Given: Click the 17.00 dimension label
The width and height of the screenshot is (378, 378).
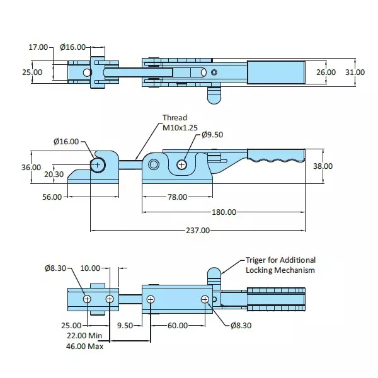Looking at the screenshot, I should pos(38,47).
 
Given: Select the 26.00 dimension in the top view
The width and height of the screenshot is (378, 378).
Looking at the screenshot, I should pos(326,72).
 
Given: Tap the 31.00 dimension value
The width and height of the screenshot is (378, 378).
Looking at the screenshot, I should pos(355,72).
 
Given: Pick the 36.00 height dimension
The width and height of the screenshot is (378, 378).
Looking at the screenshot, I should pos(31,167).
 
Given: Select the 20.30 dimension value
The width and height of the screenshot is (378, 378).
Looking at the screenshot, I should pos(54,175).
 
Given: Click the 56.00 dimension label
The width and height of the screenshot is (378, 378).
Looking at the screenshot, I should pos(52,197).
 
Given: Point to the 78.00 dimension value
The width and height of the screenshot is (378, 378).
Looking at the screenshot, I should pos(177,197).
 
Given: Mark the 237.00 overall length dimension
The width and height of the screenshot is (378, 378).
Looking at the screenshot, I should pos(197,231).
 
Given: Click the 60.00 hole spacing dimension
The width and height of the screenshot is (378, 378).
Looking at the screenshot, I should pos(178,326).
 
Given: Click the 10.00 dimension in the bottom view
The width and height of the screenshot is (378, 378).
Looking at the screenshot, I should pos(90,268).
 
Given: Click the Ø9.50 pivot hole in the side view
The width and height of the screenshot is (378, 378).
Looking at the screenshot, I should pos(181,165).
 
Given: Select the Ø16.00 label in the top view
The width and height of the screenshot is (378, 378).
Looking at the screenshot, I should pos(72,47).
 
